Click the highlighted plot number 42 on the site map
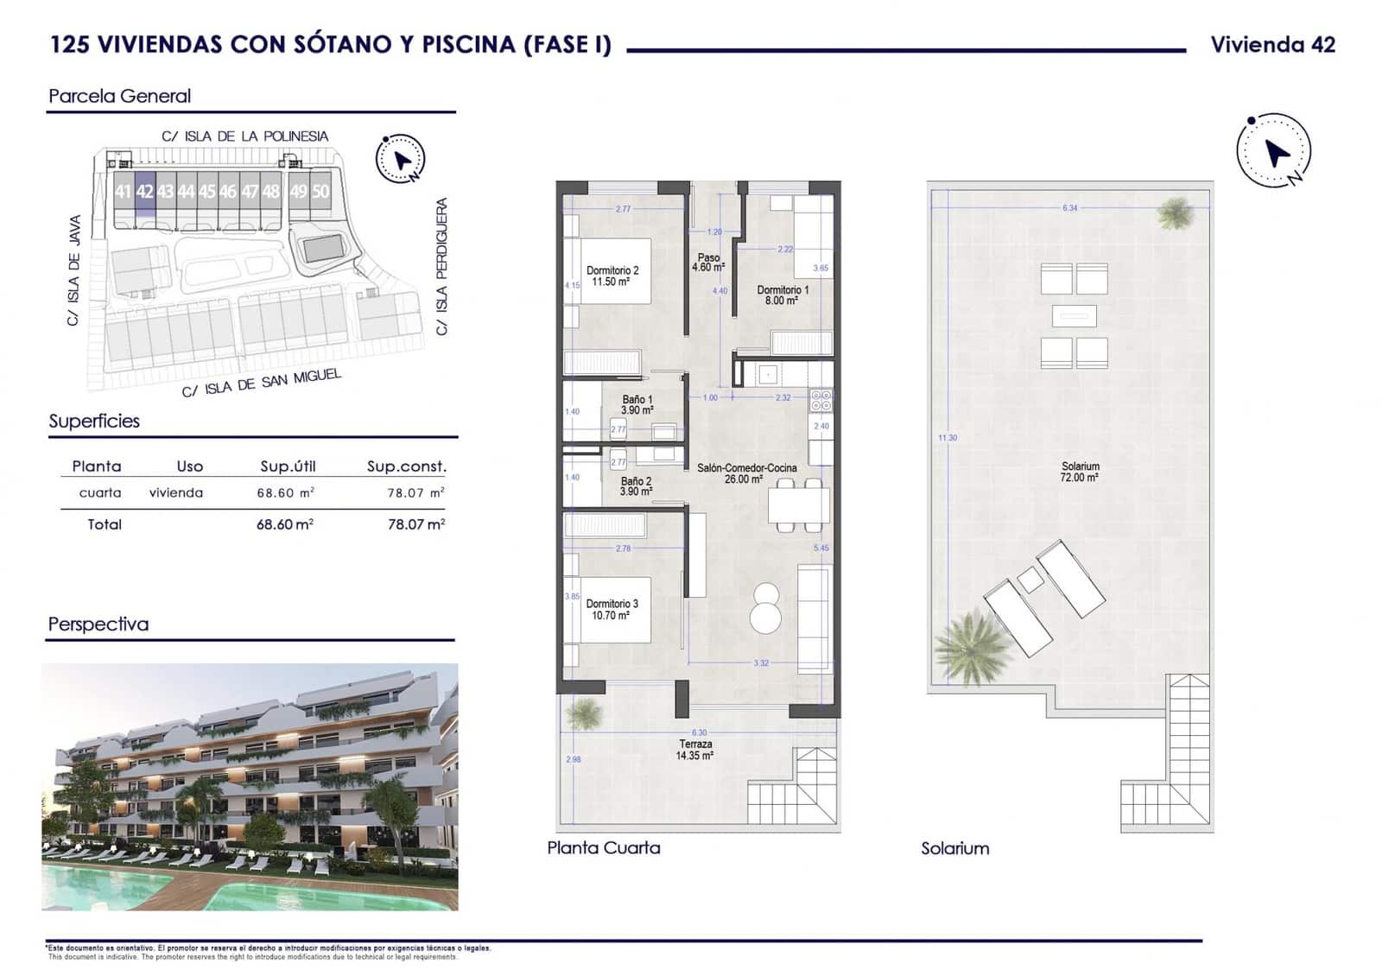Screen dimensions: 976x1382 (144, 192)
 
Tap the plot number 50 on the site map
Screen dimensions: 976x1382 (320, 192)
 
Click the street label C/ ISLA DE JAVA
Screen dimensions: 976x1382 (74, 270)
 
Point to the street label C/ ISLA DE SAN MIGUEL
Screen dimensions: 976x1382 (262, 383)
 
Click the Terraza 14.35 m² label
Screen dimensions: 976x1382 (695, 750)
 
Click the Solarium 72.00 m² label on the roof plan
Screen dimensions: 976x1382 (1080, 472)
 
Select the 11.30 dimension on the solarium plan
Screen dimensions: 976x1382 (948, 438)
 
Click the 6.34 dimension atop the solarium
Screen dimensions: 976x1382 (1070, 208)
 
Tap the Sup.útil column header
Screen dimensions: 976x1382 (288, 466)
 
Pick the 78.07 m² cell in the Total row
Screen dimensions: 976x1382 (416, 524)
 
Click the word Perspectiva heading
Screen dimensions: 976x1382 (98, 624)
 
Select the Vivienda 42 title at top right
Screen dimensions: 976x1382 (1272, 45)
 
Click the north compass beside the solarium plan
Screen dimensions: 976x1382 (1274, 151)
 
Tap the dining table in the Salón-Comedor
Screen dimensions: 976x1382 (798, 504)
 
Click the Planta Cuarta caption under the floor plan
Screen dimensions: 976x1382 (604, 848)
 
